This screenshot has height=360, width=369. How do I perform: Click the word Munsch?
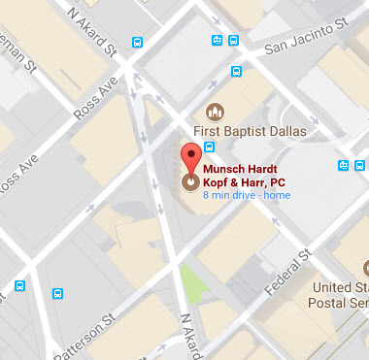223,166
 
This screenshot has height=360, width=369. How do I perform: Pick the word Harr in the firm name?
256,180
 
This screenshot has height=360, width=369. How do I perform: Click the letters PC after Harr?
278,180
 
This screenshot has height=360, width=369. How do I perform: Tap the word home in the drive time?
278,195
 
